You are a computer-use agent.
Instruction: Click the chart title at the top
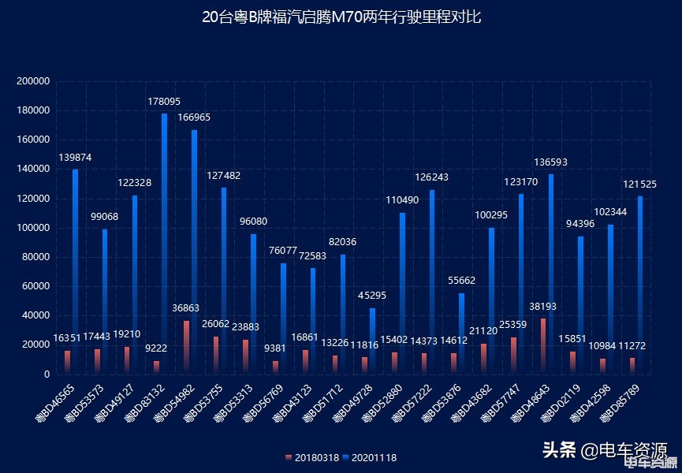coord(341,17)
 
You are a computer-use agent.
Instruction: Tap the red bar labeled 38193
coord(543,345)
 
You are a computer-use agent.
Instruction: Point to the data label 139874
coord(75,158)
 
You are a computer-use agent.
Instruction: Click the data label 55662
coord(461,280)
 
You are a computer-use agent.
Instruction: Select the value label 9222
coord(156,348)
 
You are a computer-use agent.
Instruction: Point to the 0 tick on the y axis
coord(47,374)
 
